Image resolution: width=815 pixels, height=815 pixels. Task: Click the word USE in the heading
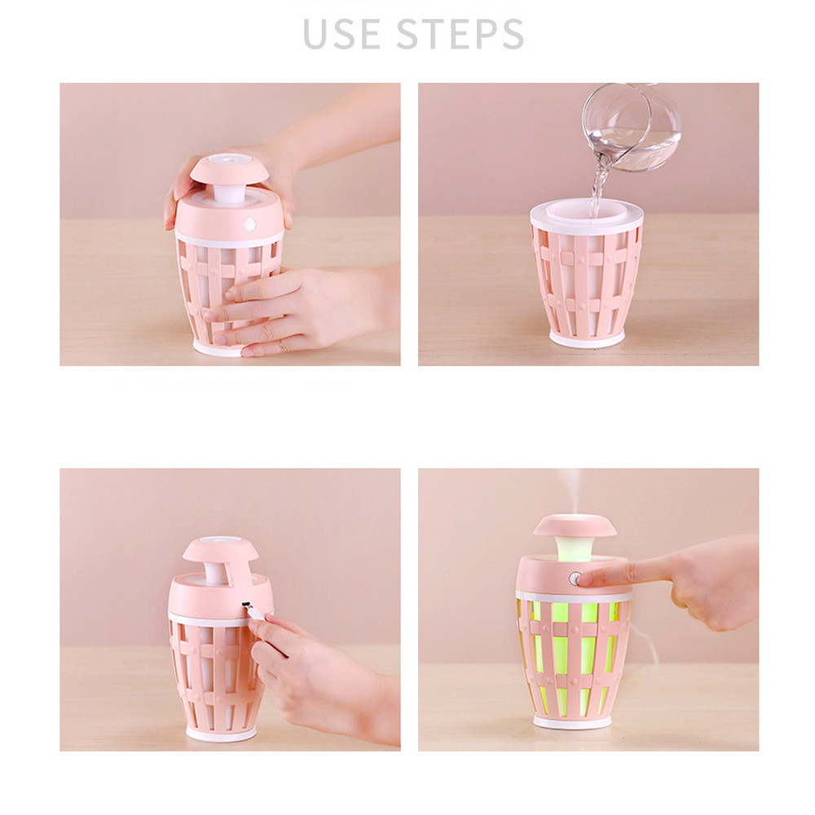click(343, 33)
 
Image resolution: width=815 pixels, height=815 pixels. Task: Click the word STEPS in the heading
click(460, 33)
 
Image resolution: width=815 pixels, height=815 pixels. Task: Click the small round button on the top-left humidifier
click(250, 223)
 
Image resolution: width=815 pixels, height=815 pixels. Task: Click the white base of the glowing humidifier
click(573, 722)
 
